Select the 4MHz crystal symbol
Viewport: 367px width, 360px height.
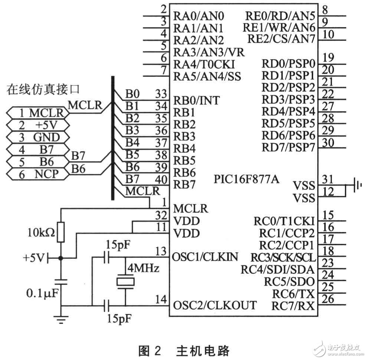pos(125,281)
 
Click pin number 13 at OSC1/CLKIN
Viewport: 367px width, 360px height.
pos(161,252)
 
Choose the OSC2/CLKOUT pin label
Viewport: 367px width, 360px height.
pos(214,305)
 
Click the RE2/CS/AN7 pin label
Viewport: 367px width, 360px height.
pos(280,39)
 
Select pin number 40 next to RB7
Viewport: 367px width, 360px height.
pos(161,180)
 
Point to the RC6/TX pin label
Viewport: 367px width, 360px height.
pos(295,294)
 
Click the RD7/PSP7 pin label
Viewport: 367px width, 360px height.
pos(288,147)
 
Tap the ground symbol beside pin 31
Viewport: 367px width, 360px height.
pos(357,185)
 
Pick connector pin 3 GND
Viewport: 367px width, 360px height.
pos(39,137)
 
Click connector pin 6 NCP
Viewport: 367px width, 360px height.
pos(39,173)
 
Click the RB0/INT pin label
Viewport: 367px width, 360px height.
pos(196,100)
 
